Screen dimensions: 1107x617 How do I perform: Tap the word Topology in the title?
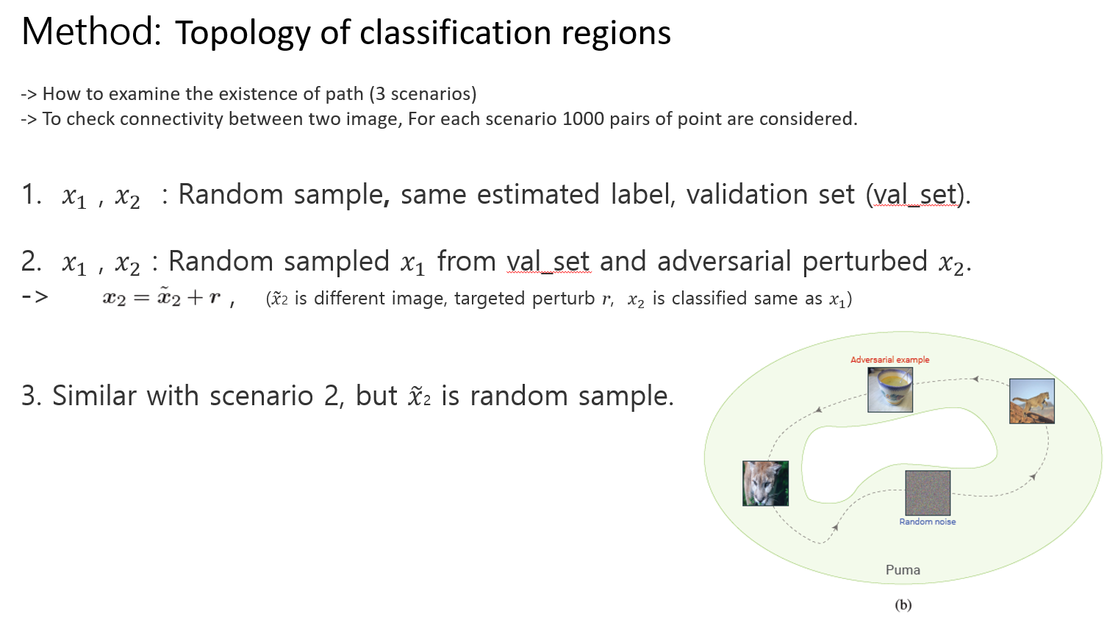pos(243,34)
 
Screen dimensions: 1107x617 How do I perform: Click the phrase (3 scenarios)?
pos(423,94)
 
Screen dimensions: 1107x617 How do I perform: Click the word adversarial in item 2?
pos(724,261)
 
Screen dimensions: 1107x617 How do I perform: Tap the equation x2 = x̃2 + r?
pos(162,298)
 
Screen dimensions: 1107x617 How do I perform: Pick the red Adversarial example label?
pos(889,360)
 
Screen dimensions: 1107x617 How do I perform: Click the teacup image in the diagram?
pos(890,390)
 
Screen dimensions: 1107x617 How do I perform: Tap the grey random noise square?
pos(928,493)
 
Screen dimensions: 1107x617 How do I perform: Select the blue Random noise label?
pos(927,521)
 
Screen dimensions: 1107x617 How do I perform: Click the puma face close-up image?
pos(765,483)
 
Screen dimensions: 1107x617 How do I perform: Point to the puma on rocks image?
pos(1032,401)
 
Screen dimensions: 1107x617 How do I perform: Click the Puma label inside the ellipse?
pos(903,570)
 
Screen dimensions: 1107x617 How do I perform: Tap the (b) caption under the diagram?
pos(903,604)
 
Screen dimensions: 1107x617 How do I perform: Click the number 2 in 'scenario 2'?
pos(332,396)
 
